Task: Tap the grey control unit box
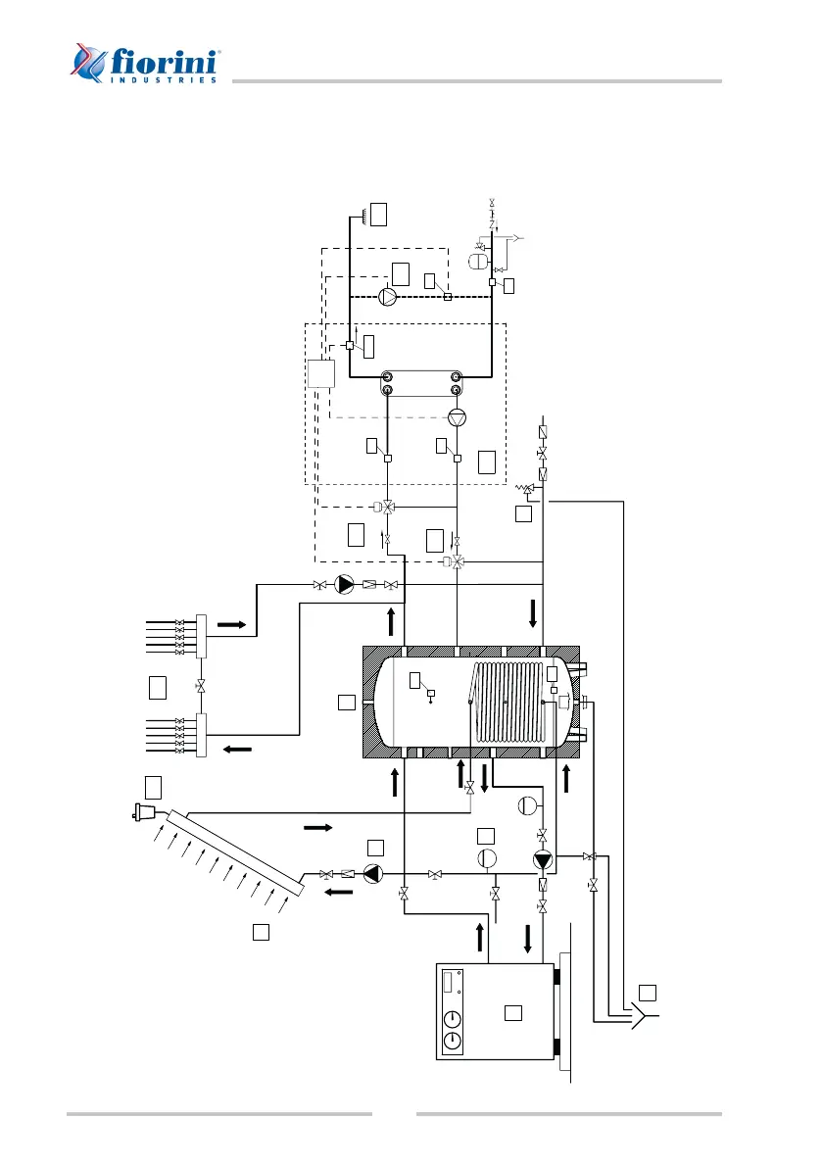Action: (320, 374)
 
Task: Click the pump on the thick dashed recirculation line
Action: (388, 296)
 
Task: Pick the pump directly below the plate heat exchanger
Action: (457, 417)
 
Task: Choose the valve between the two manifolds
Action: (200, 685)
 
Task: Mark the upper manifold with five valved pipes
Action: (200, 635)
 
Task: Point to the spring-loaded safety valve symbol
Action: (528, 488)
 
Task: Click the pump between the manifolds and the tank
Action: (345, 585)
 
